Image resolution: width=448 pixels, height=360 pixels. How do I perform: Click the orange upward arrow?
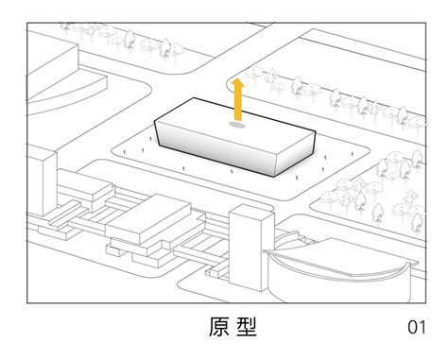[238, 100]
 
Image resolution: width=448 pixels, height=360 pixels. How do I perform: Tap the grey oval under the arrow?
[238, 123]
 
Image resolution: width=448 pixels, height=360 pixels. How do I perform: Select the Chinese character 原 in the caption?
[218, 328]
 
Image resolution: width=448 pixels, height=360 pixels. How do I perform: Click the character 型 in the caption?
[247, 328]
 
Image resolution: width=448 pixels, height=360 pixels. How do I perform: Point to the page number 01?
[417, 328]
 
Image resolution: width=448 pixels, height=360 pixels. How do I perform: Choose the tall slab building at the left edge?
[40, 184]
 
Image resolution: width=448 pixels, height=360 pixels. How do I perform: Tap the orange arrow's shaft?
[238, 106]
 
